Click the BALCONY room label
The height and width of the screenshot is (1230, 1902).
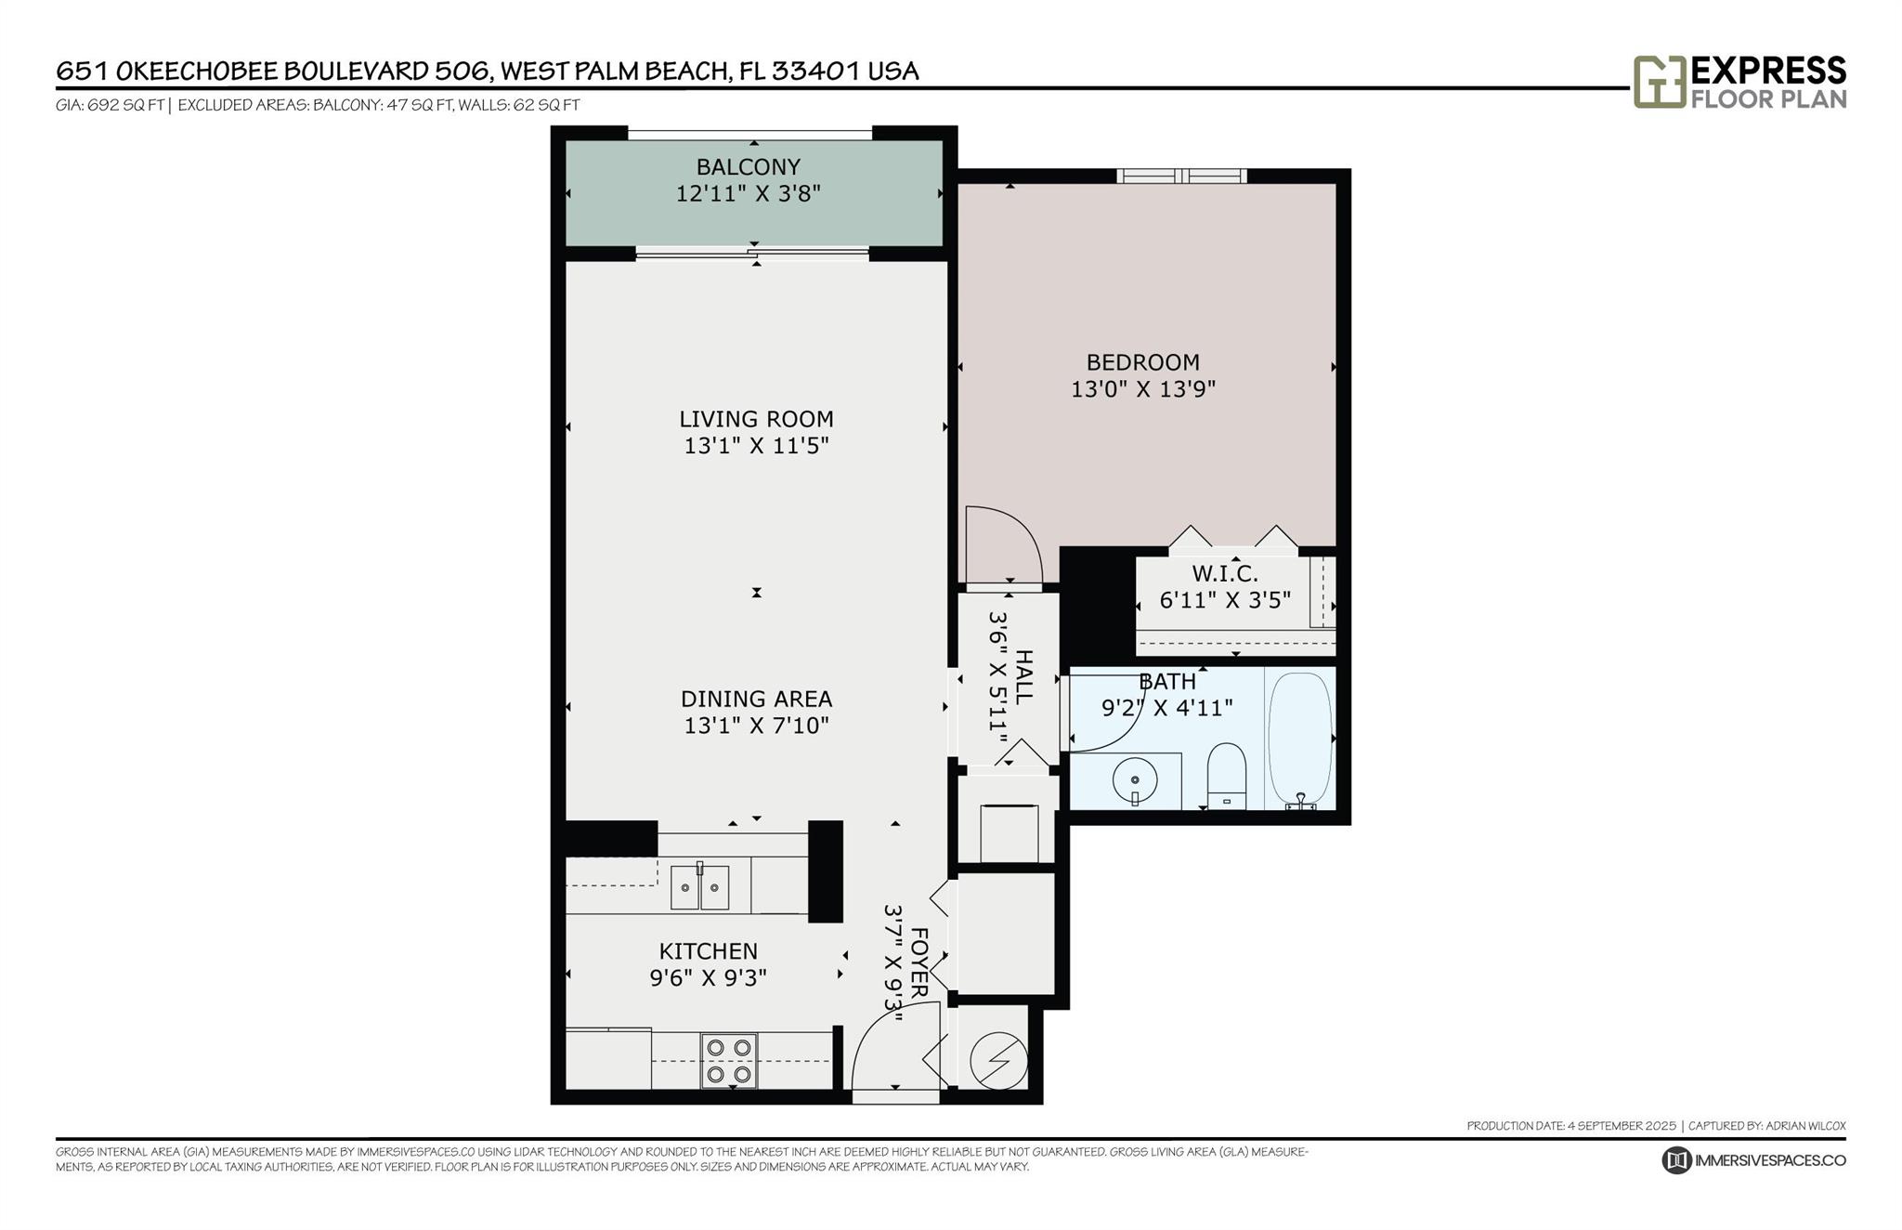point(749,167)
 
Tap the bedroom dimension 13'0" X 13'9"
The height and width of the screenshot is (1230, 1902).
point(1143,389)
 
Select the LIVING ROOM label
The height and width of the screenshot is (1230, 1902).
point(756,419)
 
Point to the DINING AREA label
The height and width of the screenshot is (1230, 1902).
point(756,699)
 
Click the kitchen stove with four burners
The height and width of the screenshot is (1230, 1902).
point(729,1060)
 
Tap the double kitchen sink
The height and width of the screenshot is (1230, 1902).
point(700,887)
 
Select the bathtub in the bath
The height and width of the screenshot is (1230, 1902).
point(1300,739)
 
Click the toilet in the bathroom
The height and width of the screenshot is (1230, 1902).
point(1226,776)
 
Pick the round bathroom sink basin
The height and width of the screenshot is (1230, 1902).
point(1135,781)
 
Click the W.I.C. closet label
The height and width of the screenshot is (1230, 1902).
point(1225,574)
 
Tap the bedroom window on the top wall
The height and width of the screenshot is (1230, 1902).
point(1181,176)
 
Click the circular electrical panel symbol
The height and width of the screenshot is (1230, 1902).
point(998,1060)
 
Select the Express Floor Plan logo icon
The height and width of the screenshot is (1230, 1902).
point(1660,82)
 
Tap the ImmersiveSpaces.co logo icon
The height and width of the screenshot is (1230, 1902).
point(1676,1160)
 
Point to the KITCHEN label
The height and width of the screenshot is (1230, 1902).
point(709,951)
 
